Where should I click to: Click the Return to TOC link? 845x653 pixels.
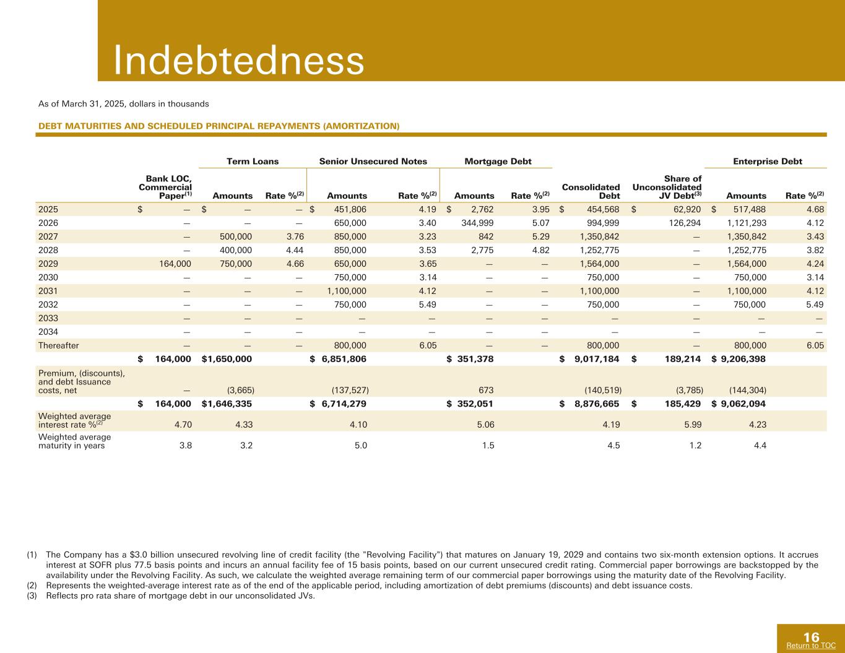810,646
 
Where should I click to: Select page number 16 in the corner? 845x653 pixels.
811,638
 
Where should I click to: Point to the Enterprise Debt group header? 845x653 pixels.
767,162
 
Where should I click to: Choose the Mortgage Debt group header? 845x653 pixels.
498,162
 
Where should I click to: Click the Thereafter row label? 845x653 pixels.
58,345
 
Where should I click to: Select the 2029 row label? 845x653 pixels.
47,264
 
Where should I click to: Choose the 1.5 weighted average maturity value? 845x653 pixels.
488,444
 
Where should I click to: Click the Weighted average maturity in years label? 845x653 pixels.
74,441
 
